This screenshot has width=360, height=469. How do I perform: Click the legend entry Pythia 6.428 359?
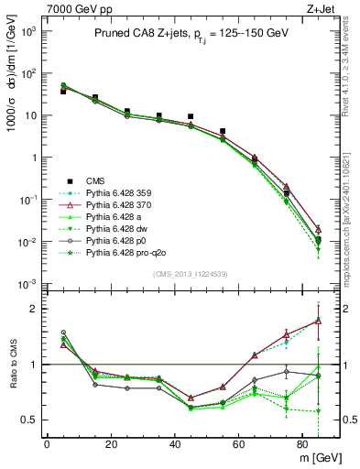tap(120, 191)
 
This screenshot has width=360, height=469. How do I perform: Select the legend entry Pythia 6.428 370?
tap(120, 203)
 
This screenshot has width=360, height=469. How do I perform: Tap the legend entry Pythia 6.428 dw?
tap(118, 227)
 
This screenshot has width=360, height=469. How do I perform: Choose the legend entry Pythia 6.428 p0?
tap(118, 239)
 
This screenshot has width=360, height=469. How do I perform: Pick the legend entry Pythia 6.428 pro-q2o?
tap(125, 251)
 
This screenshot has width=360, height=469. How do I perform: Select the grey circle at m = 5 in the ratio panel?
tap(63, 333)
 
